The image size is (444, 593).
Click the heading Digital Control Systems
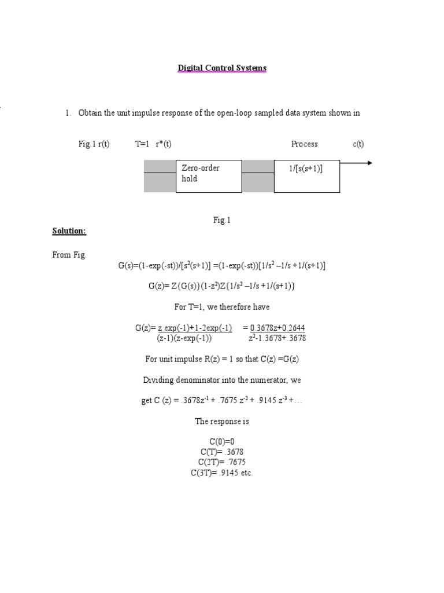[222, 68]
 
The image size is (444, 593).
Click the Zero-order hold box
[208, 176]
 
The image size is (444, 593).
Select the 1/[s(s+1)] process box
[306, 176]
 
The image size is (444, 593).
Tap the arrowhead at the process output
[368, 163]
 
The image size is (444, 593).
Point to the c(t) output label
[358, 144]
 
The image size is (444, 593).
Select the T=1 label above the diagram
[142, 144]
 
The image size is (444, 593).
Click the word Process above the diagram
[304, 144]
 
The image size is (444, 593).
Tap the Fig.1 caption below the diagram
[221, 220]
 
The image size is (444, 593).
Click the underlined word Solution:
[69, 231]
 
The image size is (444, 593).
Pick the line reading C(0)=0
[222, 441]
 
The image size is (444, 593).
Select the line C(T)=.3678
[222, 452]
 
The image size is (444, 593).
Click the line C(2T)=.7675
[222, 462]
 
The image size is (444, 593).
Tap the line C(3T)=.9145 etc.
[222, 473]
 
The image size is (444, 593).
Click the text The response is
[222, 421]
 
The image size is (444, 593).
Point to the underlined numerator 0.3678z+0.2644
[277, 328]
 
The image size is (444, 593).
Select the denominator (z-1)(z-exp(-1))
[184, 338]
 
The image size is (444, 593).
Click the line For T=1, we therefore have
[222, 307]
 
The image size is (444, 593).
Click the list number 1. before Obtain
[68, 113]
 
